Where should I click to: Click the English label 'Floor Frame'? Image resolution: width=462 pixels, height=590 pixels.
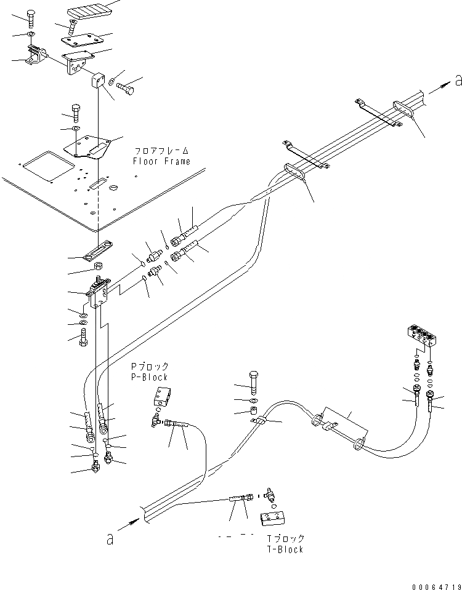(x=161, y=162)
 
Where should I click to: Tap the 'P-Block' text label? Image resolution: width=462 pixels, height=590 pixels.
(x=148, y=377)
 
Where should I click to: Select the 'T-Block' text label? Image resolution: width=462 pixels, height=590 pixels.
(x=283, y=549)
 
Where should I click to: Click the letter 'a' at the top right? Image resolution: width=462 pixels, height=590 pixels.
(x=457, y=79)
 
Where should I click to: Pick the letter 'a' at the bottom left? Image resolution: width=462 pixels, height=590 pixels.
(x=110, y=539)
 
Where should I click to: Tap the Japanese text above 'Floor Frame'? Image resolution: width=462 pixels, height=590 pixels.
(x=162, y=150)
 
